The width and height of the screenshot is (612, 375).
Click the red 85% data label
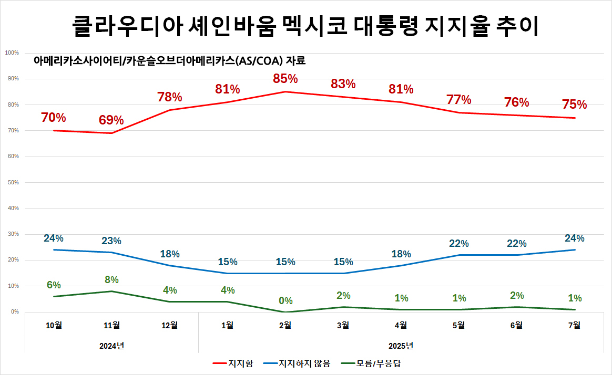(285, 79)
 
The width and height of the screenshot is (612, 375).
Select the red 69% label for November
(111, 120)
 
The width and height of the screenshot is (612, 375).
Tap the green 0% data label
(285, 301)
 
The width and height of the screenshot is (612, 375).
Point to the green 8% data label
(111, 279)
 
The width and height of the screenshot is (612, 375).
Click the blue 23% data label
(111, 241)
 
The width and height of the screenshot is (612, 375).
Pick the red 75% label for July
(574, 105)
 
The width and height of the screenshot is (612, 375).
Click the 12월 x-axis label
(169, 325)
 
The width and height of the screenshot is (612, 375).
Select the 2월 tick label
(285, 325)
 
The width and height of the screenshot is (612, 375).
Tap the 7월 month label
(574, 325)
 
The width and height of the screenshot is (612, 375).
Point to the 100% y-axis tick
(12, 53)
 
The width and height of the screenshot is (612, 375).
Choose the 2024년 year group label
(111, 346)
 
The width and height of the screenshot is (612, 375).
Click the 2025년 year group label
(401, 346)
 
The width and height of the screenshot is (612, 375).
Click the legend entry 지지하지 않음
(304, 363)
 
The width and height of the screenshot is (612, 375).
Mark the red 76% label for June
(516, 102)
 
